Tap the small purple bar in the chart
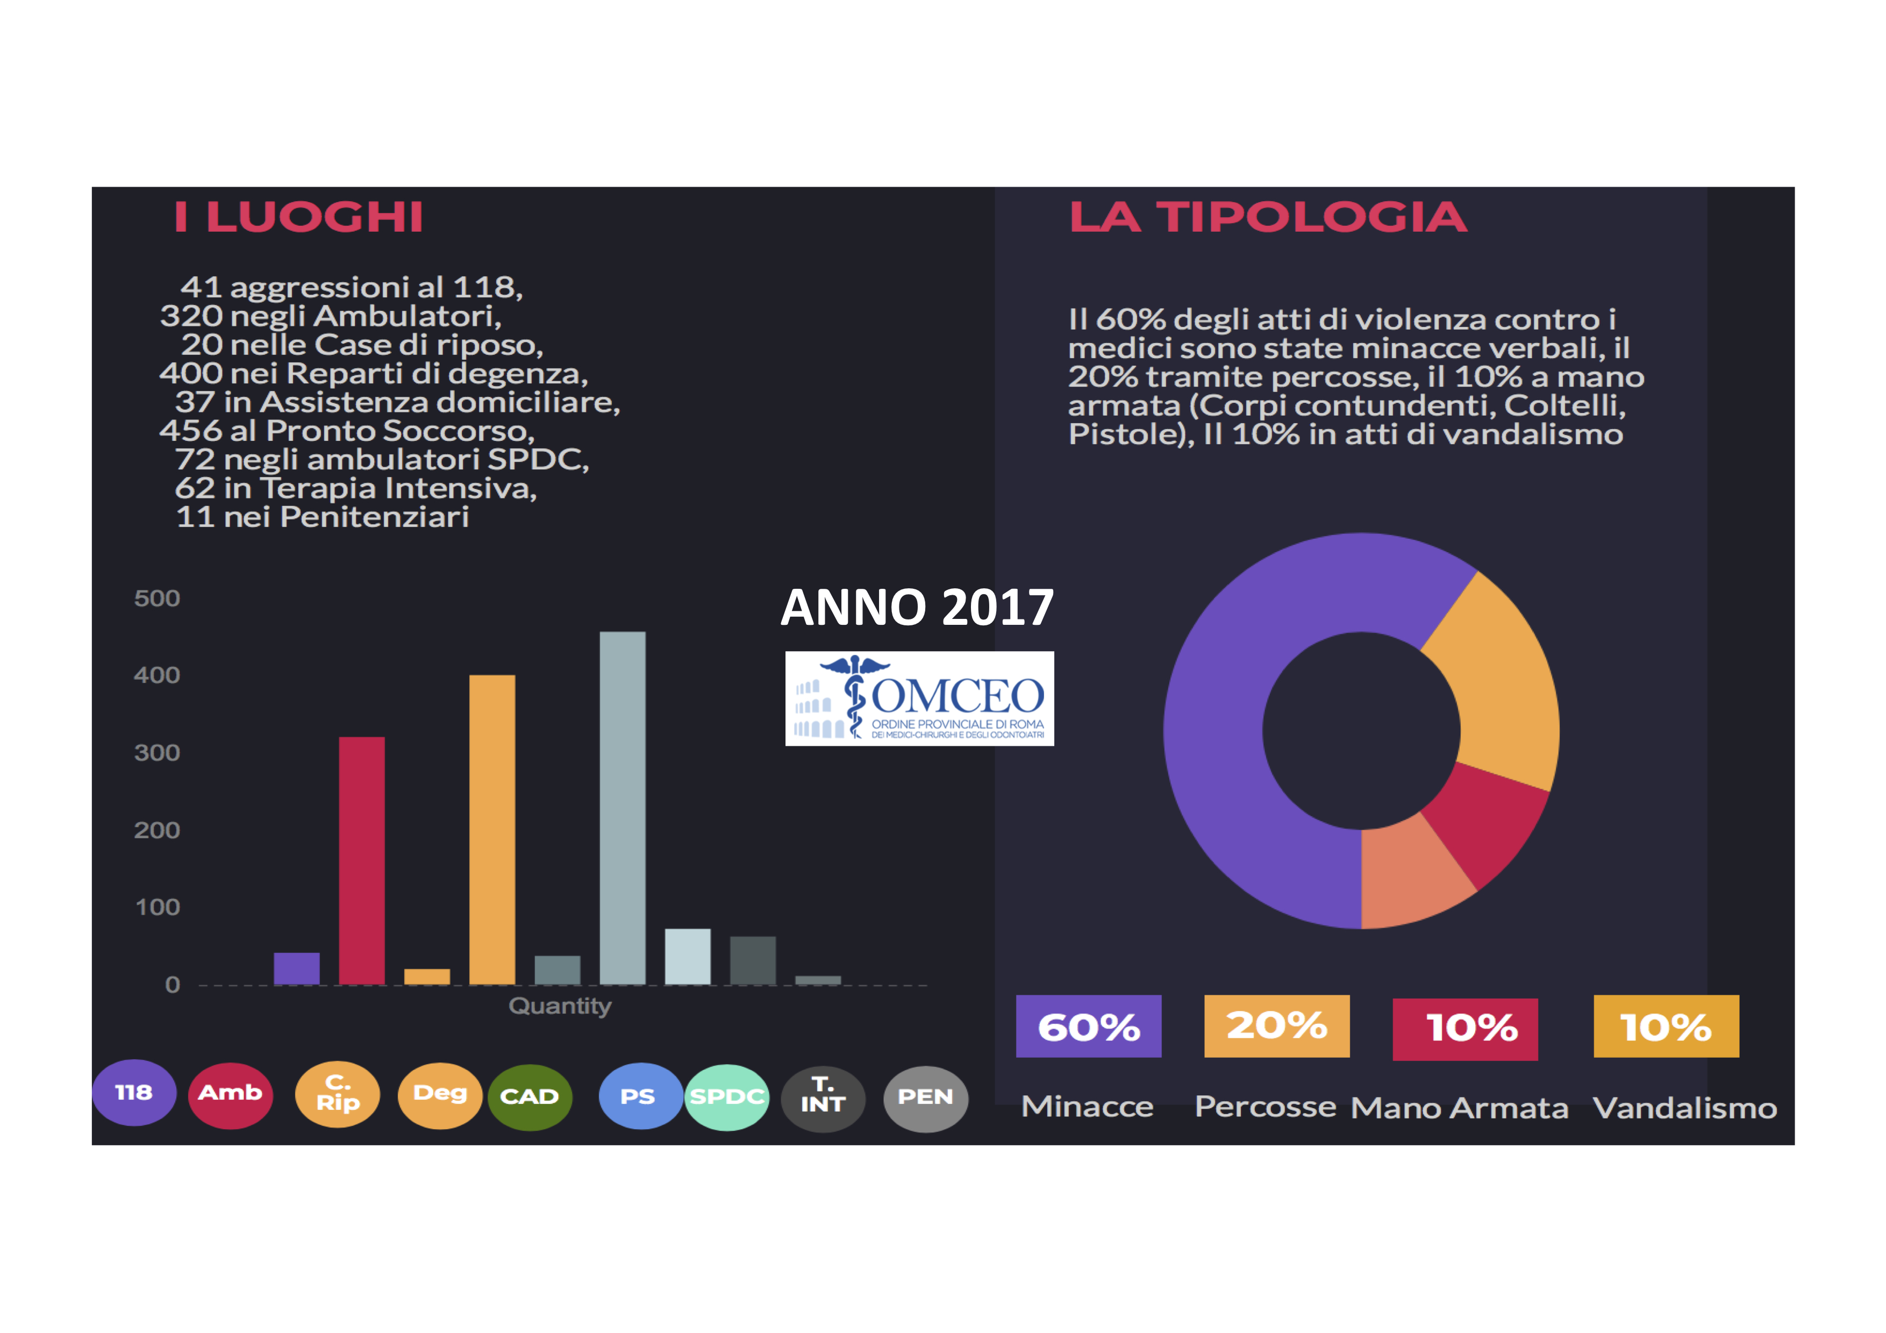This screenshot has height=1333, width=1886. click(297, 968)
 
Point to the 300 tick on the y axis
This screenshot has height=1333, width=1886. click(157, 752)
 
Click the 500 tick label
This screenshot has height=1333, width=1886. click(157, 598)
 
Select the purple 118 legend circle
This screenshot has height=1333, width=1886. click(134, 1092)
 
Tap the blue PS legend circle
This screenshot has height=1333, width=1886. click(638, 1096)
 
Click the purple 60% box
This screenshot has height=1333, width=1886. click(1088, 1027)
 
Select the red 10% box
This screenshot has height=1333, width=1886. click(1466, 1028)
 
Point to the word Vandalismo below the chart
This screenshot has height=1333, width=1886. click(1684, 1108)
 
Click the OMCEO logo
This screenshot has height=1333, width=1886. click(919, 699)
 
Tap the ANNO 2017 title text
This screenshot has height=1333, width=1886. click(917, 608)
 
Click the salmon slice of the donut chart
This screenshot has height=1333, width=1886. click(1411, 879)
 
